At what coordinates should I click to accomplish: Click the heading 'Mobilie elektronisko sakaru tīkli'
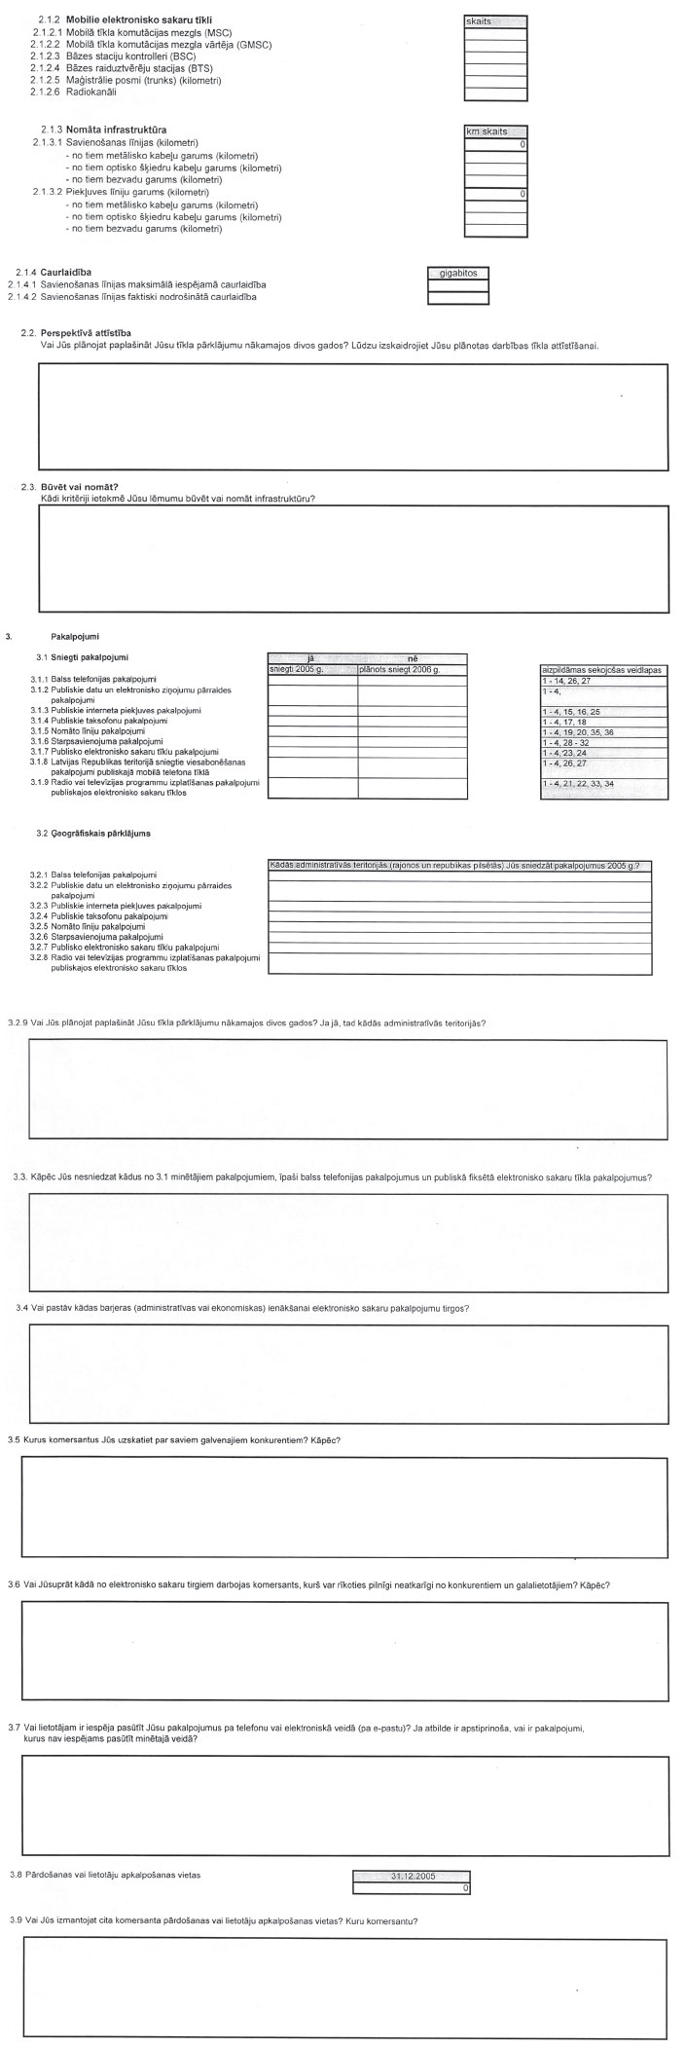[x=140, y=20]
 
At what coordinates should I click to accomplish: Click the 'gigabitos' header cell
[x=457, y=274]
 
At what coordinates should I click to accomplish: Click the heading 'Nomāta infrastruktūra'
[x=116, y=130]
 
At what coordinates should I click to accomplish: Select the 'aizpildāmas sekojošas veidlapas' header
[x=603, y=670]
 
